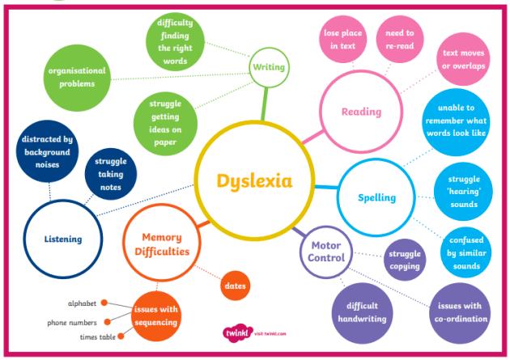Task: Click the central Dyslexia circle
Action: click(253, 180)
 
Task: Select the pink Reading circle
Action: click(361, 112)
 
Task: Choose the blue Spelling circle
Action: click(376, 197)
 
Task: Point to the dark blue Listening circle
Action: click(62, 239)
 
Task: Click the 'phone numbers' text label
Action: click(71, 322)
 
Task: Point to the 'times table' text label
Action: click(95, 336)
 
